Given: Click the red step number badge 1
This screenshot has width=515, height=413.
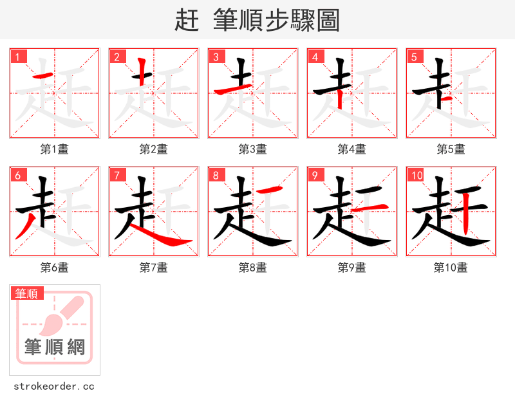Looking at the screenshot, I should (x=18, y=57).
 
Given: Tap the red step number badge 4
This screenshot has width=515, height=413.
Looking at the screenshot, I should (x=315, y=57).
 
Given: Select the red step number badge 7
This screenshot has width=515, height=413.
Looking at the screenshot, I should (x=117, y=175).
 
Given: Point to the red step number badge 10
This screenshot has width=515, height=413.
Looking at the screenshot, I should (x=417, y=175).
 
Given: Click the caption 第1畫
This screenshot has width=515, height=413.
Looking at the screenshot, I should (x=55, y=149).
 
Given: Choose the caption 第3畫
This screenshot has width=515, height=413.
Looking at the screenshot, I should (x=253, y=149).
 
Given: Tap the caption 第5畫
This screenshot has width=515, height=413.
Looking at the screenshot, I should (x=451, y=149).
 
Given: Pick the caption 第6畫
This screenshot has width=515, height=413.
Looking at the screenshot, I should (x=55, y=268).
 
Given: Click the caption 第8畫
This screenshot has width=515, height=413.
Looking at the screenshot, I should (x=253, y=268).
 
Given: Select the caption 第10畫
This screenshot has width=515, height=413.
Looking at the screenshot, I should (x=451, y=268).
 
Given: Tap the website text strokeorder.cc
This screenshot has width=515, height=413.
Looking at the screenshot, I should (x=54, y=387).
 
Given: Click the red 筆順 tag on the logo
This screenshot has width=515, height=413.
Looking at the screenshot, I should (x=27, y=294).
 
